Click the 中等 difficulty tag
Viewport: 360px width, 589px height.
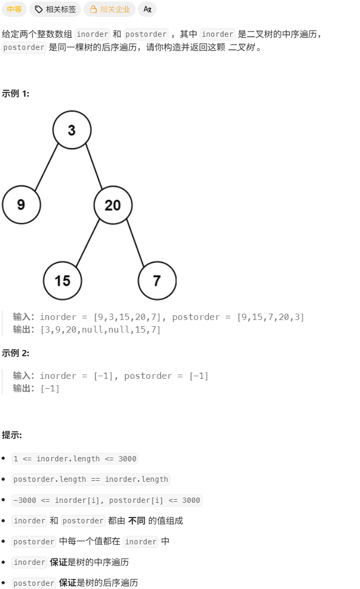point(14,9)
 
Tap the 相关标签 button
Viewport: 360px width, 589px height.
point(55,9)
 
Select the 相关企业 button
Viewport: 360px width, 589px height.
point(109,9)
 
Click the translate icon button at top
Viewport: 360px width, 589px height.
point(147,9)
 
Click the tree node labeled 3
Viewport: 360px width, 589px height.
point(72,130)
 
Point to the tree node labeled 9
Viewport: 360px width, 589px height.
point(21,204)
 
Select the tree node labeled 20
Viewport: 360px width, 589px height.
point(113,205)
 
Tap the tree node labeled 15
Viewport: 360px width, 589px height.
point(63,281)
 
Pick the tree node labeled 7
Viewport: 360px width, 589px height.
point(157,281)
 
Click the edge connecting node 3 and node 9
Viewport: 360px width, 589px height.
point(47,167)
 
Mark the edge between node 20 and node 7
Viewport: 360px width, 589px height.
point(135,243)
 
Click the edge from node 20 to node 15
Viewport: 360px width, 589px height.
point(88,243)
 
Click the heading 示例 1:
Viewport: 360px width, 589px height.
point(16,94)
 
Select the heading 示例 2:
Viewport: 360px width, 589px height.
point(16,353)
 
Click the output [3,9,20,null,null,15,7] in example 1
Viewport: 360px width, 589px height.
point(100,330)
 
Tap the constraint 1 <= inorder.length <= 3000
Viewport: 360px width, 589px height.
point(75,459)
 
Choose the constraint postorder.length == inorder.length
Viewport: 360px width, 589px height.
point(91,479)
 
